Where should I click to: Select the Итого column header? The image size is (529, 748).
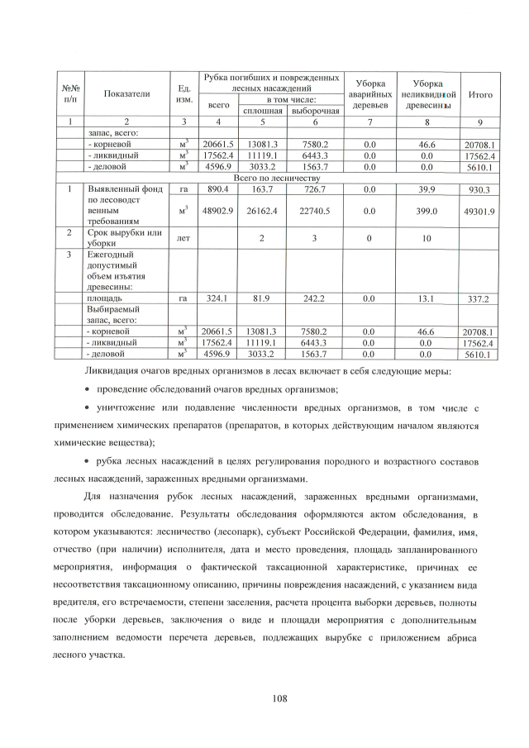480,94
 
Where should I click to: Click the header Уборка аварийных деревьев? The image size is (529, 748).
369,94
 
